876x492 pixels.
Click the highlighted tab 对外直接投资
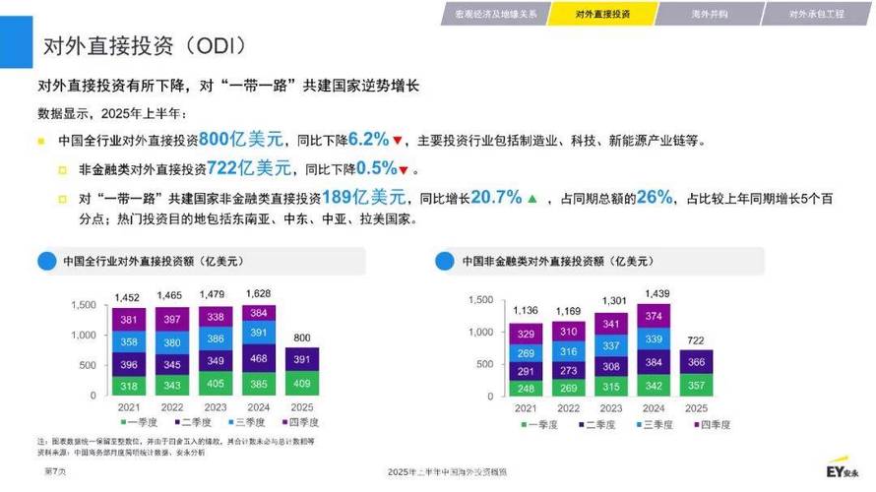pos(602,14)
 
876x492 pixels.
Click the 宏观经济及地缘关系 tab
pos(495,14)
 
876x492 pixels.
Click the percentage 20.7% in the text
pos(496,197)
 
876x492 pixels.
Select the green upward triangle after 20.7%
pos(532,199)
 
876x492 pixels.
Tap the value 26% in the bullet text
pos(654,197)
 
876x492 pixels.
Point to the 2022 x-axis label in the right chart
pos(568,407)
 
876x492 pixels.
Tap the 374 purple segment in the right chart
pos(653,316)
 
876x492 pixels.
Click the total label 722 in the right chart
pos(696,340)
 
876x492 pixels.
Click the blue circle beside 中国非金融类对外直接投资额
pos(444,261)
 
